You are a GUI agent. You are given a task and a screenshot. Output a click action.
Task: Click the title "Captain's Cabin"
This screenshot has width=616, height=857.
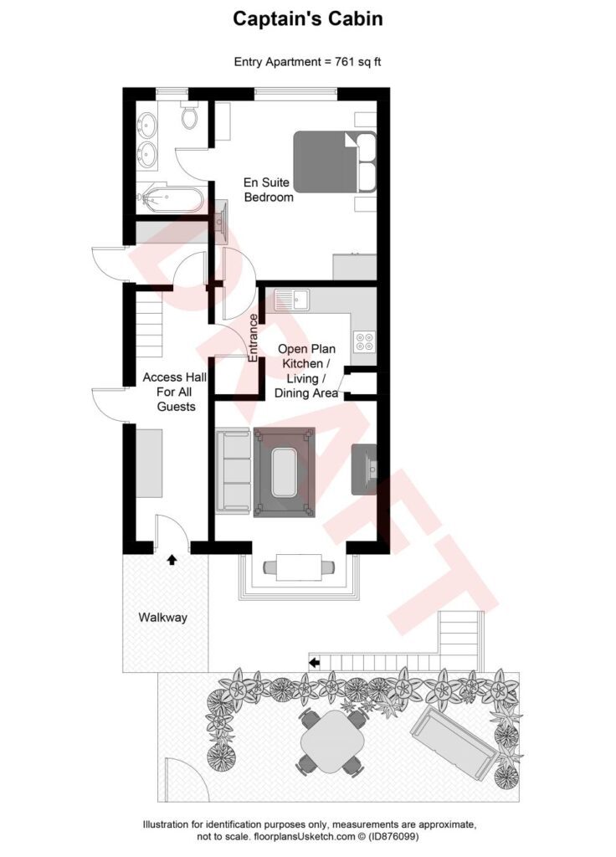(x=307, y=18)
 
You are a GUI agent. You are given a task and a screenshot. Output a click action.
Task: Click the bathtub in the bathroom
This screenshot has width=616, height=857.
(x=172, y=198)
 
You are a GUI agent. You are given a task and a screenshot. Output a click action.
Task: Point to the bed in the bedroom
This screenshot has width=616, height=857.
(x=333, y=162)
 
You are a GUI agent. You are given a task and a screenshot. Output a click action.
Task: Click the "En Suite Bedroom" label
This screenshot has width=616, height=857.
(x=269, y=190)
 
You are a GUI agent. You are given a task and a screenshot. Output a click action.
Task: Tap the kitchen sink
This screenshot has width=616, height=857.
(x=290, y=298)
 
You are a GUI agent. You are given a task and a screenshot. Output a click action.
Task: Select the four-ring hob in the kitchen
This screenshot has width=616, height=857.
(x=365, y=341)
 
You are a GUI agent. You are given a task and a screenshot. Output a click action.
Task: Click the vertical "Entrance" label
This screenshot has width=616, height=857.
(x=254, y=337)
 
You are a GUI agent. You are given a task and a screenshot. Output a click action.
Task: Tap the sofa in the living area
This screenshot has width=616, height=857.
(x=233, y=470)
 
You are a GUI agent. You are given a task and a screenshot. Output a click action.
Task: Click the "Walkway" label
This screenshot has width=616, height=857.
(x=163, y=618)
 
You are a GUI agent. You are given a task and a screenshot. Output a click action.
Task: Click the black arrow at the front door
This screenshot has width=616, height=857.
(x=172, y=558)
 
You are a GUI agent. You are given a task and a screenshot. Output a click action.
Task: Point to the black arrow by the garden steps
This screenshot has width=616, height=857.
(x=315, y=663)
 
